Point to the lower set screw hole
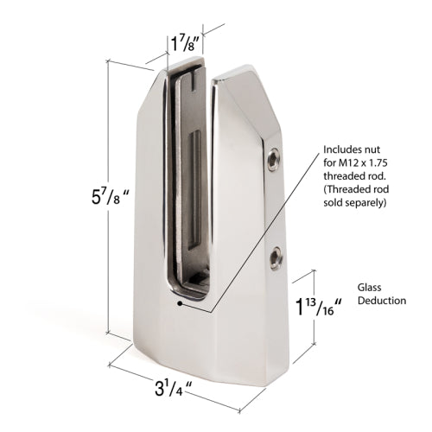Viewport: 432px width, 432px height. pyautogui.click(x=276, y=255)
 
